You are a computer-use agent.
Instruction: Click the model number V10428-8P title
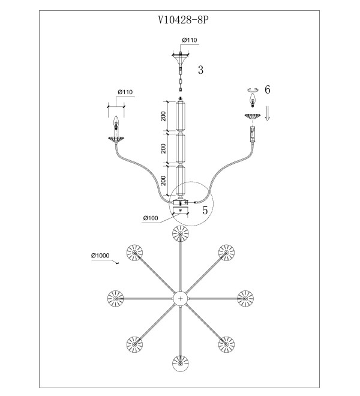point(184,20)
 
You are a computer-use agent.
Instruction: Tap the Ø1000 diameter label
point(100,256)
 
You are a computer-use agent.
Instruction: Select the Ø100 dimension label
point(151,218)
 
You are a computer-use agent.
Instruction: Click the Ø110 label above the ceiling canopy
point(190,40)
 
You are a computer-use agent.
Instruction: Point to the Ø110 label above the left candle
point(125,92)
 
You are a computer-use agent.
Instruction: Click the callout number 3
point(200,70)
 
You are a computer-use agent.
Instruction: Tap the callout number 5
point(205,210)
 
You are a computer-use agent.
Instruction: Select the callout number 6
point(267,89)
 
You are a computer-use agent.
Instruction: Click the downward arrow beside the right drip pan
point(268,113)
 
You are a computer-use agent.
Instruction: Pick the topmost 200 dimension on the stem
point(163,116)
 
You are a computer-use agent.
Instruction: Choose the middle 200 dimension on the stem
point(163,148)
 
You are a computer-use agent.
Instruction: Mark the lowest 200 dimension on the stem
point(163,181)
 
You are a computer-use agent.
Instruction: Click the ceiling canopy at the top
point(180,59)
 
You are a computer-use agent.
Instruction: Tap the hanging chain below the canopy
point(180,79)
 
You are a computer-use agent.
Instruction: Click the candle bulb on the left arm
point(116,122)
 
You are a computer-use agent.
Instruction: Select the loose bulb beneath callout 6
point(252,100)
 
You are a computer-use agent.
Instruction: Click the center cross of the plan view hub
point(180,299)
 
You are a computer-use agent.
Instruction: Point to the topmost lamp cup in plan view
point(181,233)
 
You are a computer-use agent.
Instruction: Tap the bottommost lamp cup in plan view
point(181,364)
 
